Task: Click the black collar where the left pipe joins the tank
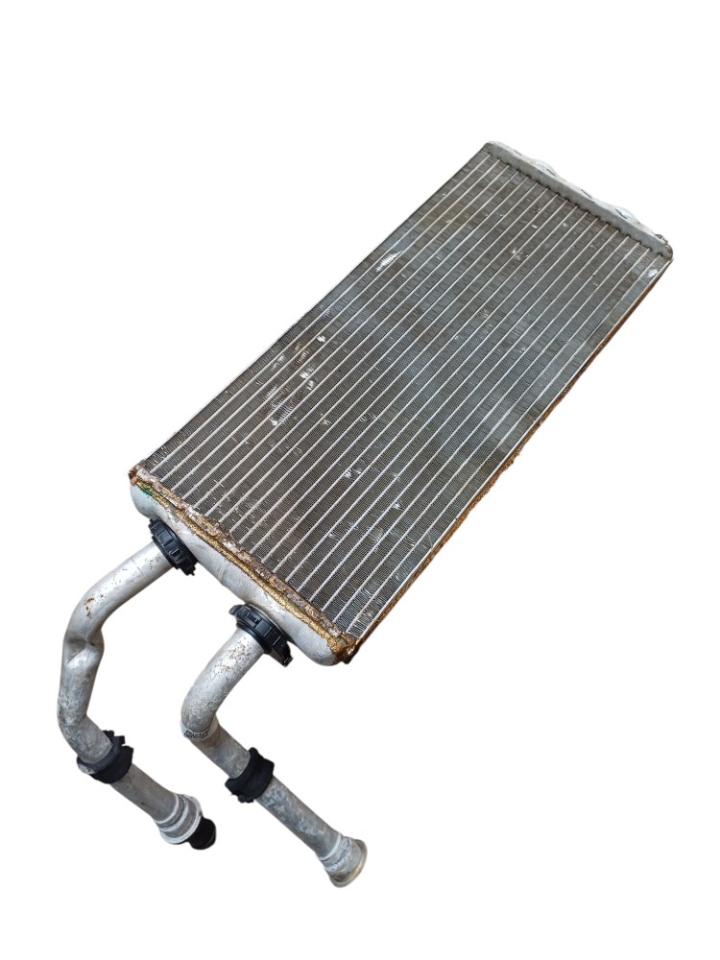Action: [172, 546]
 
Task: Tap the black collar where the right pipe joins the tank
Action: [260, 634]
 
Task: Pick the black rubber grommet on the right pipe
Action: [250, 774]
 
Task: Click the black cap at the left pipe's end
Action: [203, 834]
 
